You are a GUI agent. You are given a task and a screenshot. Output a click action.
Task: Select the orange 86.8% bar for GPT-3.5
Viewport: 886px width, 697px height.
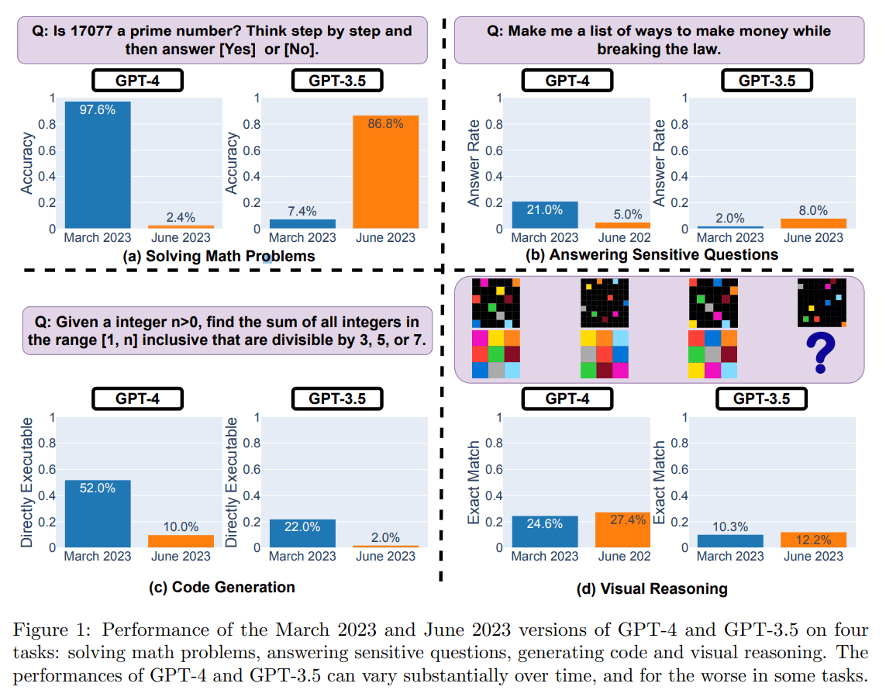384,172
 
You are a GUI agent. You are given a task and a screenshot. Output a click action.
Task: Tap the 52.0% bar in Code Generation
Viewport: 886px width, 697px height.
97,513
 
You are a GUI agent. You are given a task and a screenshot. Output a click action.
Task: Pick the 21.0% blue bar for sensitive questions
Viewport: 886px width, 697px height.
544,215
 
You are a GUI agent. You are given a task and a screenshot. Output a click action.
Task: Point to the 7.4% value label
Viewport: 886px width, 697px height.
302,210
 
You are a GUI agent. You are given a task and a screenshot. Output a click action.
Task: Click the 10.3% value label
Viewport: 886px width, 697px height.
730,526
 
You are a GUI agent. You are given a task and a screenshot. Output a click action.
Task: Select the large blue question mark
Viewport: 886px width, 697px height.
821,353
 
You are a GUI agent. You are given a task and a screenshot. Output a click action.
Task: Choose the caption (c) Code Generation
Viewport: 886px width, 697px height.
222,587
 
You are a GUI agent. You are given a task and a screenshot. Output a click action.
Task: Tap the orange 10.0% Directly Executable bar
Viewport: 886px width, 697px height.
180,541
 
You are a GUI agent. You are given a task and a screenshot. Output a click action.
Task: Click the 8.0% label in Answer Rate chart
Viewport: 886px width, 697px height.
812,210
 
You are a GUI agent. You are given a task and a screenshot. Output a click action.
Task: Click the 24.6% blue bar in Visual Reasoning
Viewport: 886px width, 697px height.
544,532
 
